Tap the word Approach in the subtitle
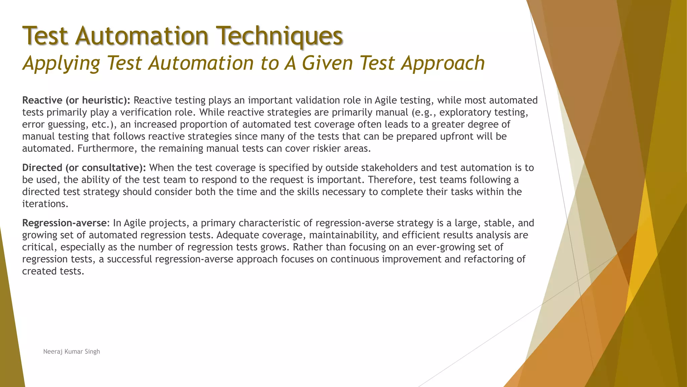443,63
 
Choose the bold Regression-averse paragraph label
64,223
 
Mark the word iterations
45,204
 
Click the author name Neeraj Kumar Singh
71,352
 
